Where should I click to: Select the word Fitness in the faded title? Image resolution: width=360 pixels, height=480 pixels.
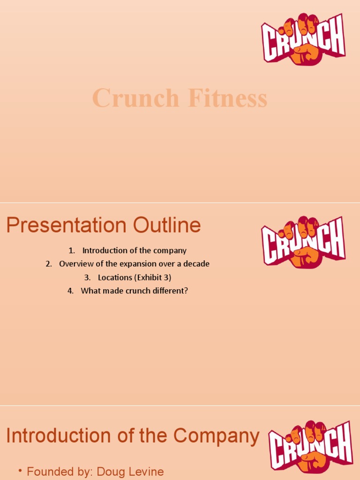coord(226,99)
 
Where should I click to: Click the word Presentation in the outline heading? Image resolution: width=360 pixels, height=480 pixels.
coord(67,225)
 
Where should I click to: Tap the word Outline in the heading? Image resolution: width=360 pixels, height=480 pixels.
coord(167,225)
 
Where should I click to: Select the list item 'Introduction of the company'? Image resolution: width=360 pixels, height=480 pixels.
coord(134,250)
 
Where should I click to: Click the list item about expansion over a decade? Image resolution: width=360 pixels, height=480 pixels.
coord(134,264)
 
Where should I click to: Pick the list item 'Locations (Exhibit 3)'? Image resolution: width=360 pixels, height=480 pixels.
coord(134,277)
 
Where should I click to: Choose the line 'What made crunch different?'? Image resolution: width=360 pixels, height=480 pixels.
coord(134,291)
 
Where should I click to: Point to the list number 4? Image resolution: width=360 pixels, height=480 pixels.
coord(70,291)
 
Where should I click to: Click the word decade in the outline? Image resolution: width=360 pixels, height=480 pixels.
coord(197,264)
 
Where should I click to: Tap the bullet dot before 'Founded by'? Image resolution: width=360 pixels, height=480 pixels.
coord(21,471)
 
